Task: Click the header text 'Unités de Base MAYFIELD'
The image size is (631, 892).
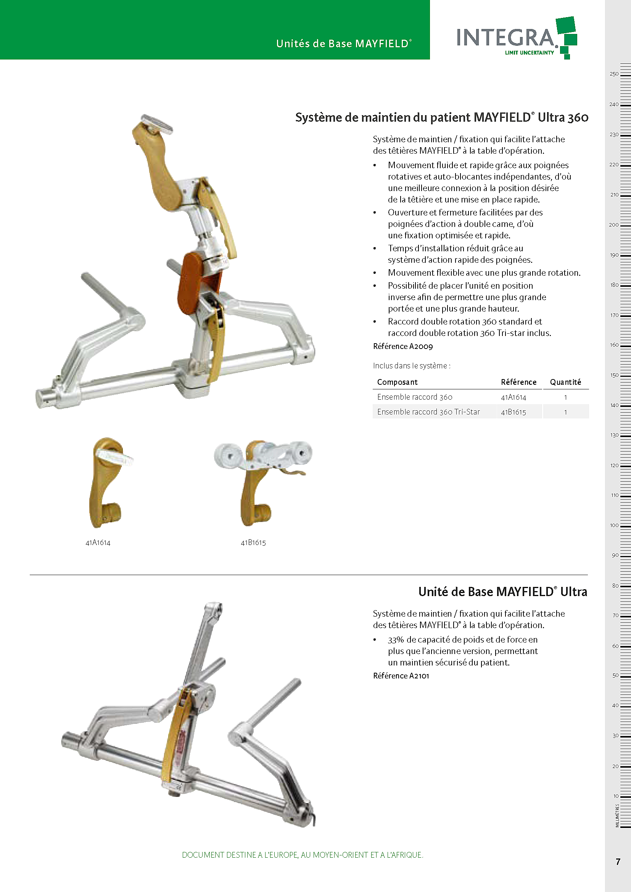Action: click(x=344, y=43)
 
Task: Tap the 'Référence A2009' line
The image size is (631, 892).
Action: click(x=402, y=346)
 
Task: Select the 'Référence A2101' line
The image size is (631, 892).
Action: click(x=401, y=676)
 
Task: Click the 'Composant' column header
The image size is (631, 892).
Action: click(x=397, y=382)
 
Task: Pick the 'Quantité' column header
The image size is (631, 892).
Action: click(x=565, y=382)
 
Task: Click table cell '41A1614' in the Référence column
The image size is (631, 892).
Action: click(x=513, y=397)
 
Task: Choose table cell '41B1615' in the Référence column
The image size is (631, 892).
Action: click(x=513, y=412)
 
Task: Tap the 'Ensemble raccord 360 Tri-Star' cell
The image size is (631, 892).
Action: click(x=428, y=412)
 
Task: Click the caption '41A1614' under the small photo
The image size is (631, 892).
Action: click(x=98, y=543)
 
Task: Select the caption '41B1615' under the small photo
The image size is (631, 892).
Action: click(x=253, y=543)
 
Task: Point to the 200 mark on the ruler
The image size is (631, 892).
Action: click(x=614, y=225)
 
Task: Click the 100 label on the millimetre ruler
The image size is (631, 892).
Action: click(x=614, y=525)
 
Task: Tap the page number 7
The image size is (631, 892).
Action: click(x=618, y=862)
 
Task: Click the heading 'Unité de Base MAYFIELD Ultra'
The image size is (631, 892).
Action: click(x=503, y=592)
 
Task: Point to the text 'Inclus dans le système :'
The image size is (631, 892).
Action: click(x=412, y=366)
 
